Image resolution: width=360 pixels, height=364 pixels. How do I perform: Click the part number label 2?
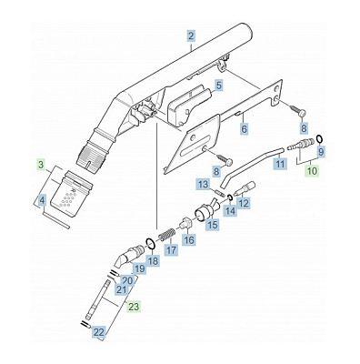click(x=191, y=36)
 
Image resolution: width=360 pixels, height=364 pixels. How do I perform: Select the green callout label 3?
click(x=42, y=165)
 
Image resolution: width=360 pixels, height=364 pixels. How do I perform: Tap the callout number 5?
click(x=218, y=86)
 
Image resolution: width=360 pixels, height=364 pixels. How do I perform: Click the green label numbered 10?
click(x=312, y=171)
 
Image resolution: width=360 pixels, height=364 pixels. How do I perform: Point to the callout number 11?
click(x=280, y=165)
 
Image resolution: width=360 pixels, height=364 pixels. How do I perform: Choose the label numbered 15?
click(x=213, y=225)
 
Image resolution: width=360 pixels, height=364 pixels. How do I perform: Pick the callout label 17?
click(x=171, y=250)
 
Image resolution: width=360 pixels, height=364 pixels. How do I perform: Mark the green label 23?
click(x=134, y=307)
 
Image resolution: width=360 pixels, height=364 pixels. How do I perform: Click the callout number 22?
click(x=99, y=332)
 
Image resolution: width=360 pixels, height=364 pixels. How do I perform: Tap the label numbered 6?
click(x=244, y=129)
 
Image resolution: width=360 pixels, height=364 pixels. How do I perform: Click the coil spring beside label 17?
click(x=166, y=235)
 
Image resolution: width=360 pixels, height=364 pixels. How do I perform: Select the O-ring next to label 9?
click(x=319, y=138)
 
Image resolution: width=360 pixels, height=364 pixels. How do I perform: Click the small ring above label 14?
click(x=230, y=198)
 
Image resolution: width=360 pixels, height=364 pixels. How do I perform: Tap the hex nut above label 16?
click(x=185, y=222)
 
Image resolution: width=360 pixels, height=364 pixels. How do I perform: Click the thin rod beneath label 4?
click(x=56, y=220)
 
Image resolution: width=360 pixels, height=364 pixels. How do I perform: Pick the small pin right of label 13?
click(x=220, y=193)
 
